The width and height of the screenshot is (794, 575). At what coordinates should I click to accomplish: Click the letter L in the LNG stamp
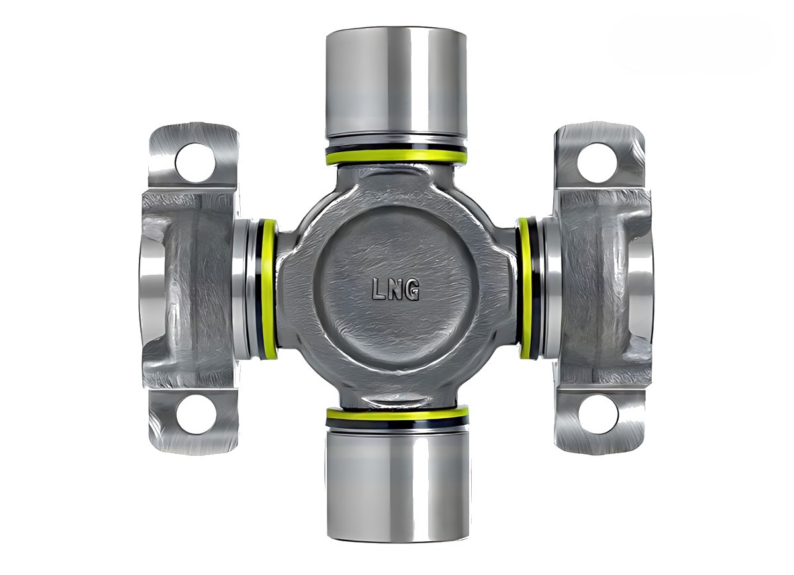[378, 289]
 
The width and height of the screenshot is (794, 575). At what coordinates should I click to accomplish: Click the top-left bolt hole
[195, 163]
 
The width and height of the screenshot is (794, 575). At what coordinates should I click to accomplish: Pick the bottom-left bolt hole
[196, 414]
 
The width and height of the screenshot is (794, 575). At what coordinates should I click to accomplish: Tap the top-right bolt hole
[597, 163]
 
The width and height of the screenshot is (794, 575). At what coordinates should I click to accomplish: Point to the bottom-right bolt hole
[598, 414]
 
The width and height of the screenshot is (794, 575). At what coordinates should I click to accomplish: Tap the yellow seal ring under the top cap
[396, 157]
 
